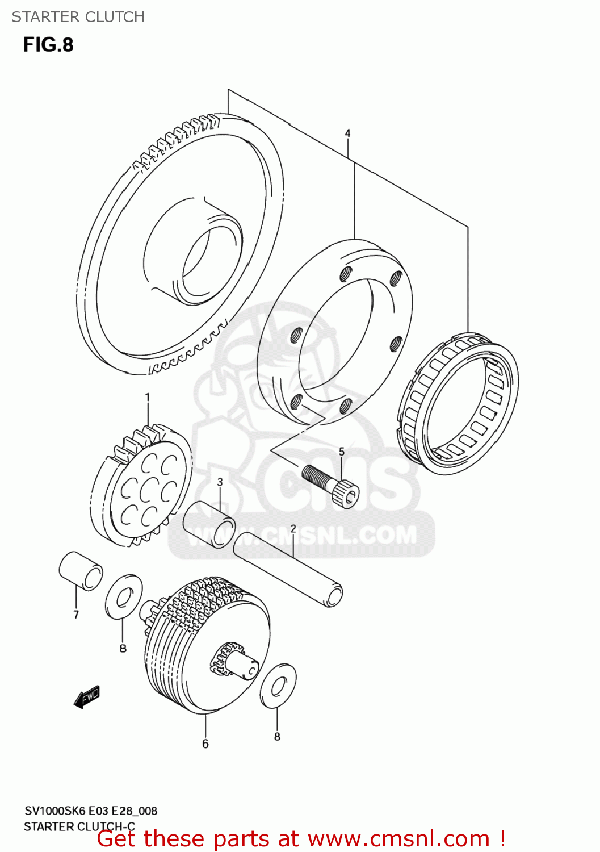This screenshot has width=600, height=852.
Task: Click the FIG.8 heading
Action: point(48,45)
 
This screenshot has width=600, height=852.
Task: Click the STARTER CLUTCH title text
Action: point(78,17)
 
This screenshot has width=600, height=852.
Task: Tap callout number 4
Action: point(347,133)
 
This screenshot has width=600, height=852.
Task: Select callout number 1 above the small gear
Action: point(148,397)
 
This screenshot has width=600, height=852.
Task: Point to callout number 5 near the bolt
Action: point(342,452)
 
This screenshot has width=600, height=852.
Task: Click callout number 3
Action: point(220,482)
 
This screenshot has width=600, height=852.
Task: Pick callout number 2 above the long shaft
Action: point(293,528)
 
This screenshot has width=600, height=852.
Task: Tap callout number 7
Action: point(76,614)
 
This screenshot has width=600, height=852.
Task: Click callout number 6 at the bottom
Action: point(205,744)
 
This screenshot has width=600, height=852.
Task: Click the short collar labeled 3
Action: point(209,524)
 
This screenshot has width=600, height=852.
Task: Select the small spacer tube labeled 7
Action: point(81,570)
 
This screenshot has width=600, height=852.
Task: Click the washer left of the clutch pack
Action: point(124,596)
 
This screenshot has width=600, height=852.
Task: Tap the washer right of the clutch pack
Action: point(278,686)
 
